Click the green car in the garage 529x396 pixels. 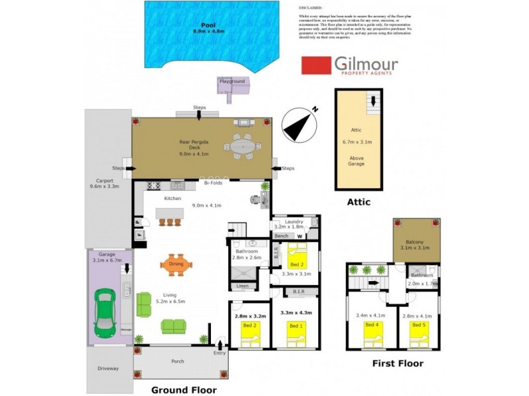[x=105, y=311]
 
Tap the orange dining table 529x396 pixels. [x=177, y=265]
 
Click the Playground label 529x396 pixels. [x=232, y=81]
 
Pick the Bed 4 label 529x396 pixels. [x=372, y=325]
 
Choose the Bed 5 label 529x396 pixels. [x=418, y=325]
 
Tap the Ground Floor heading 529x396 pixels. [x=184, y=389]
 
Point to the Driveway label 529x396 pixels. [x=108, y=368]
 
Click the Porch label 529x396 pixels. [x=177, y=361]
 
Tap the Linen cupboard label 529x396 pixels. [x=241, y=285]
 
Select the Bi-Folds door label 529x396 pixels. [x=212, y=183]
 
